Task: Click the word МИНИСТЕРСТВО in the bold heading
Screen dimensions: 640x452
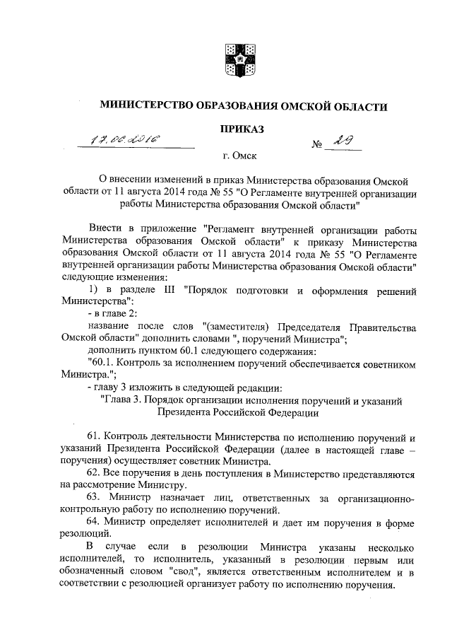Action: (147, 106)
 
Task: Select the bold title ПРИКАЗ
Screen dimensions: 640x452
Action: (242, 129)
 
